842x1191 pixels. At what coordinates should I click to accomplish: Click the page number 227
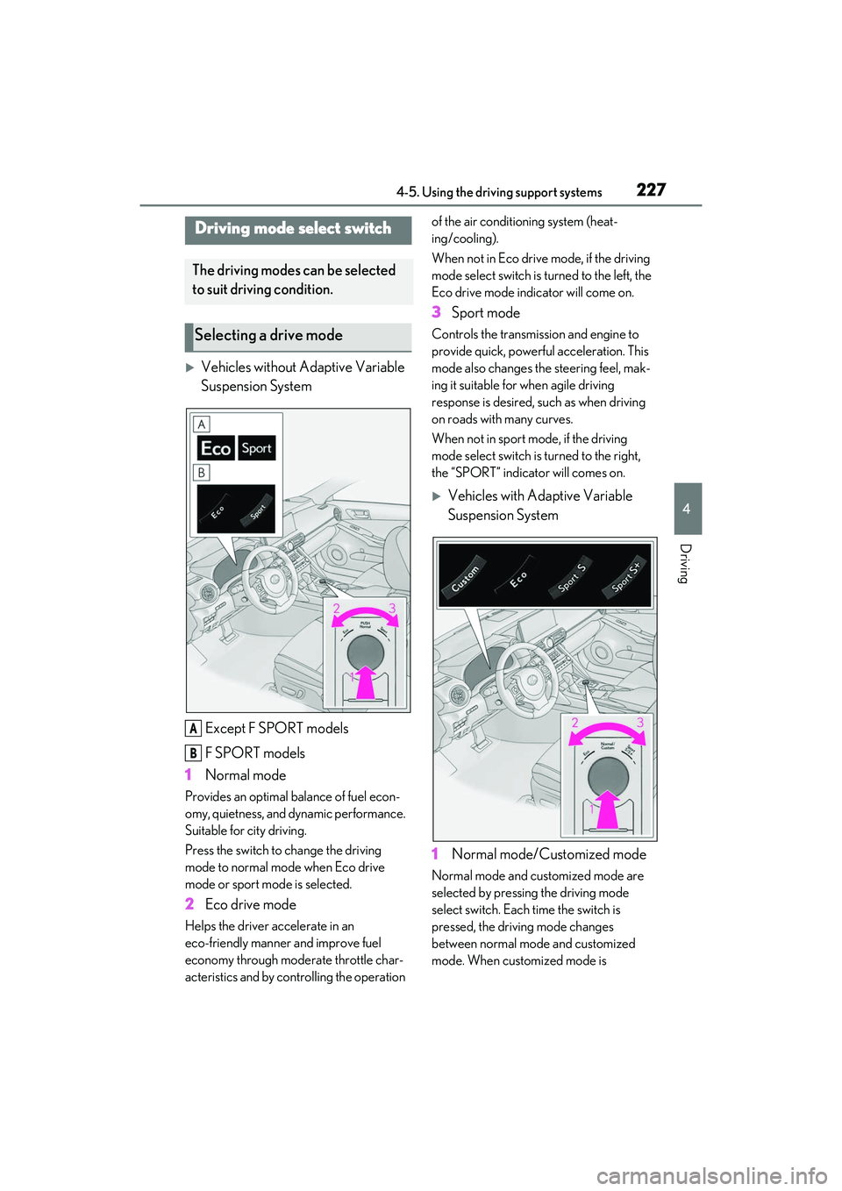point(651,189)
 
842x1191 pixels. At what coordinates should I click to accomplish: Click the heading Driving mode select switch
point(293,229)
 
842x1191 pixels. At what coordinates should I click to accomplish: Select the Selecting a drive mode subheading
point(268,335)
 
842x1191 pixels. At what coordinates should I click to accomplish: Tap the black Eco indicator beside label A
point(216,448)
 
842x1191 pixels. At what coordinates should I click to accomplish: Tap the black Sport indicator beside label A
point(257,448)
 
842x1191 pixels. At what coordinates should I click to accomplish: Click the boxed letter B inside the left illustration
point(202,472)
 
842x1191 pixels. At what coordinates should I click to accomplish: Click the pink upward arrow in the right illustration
point(608,809)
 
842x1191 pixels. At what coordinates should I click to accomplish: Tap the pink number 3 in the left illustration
point(392,609)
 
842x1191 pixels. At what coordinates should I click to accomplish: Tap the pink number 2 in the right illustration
point(574,723)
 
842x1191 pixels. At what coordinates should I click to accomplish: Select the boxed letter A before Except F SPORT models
point(193,729)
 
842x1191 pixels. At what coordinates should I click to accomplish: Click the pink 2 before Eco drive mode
point(189,904)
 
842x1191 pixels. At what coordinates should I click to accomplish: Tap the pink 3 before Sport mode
point(437,312)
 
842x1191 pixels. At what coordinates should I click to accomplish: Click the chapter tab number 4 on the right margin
point(687,509)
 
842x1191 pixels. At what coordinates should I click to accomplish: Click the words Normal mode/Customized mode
point(549,854)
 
